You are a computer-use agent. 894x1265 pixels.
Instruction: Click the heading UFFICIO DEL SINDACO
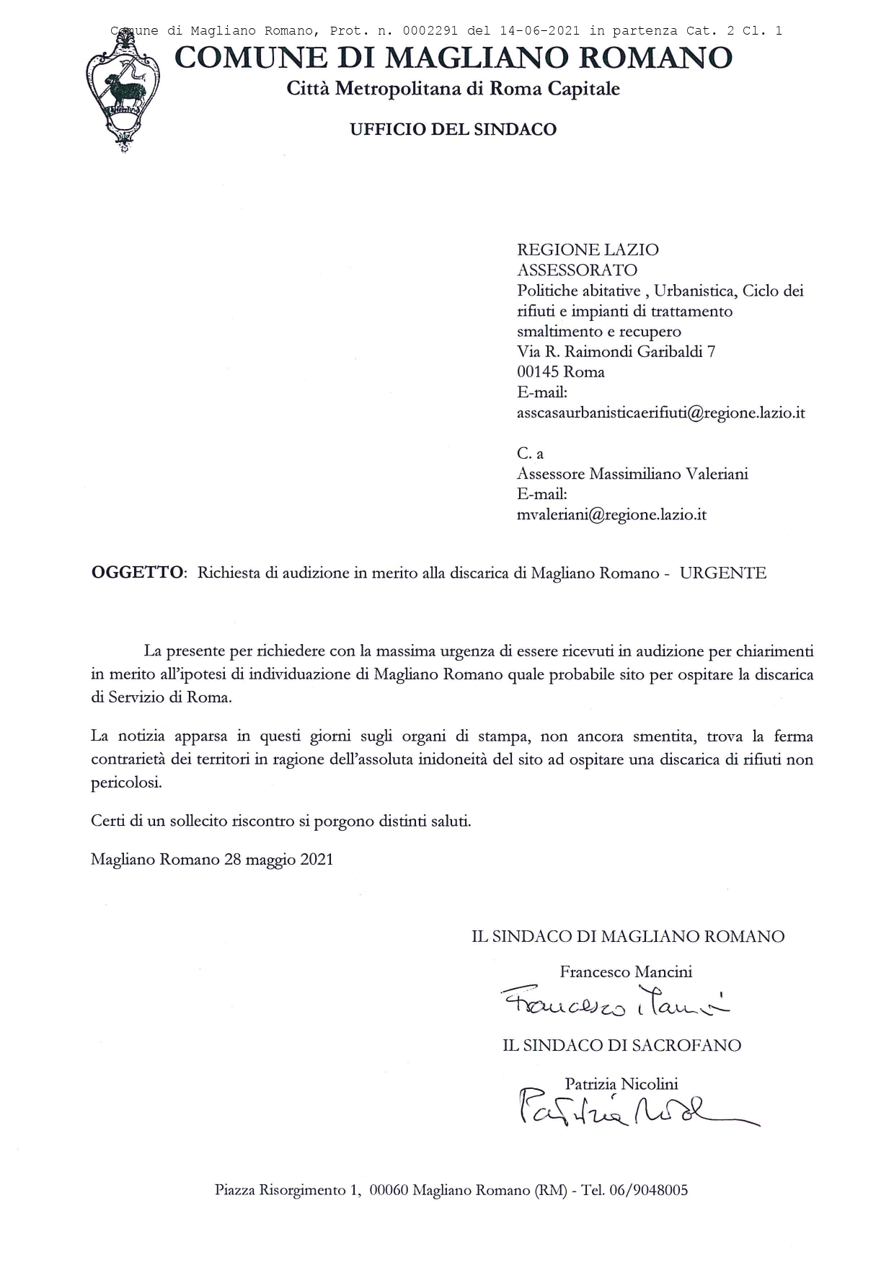pos(453,130)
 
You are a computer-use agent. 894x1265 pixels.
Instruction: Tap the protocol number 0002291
pos(430,31)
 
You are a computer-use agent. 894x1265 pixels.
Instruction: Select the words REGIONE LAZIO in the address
pos(588,250)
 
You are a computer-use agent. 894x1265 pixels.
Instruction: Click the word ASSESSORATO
pos(577,270)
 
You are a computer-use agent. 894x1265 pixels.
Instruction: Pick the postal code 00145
pos(539,372)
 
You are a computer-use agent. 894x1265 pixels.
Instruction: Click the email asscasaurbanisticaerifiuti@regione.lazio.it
pos(660,413)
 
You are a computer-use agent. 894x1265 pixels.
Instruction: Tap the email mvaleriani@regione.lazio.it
pos(611,515)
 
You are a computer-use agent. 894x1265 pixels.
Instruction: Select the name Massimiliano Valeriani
pos(669,474)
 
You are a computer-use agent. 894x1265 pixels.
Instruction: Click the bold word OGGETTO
pos(137,573)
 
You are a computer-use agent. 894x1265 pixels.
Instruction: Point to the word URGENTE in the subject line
pos(723,573)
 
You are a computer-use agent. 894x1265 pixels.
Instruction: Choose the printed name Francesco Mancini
pos(626,972)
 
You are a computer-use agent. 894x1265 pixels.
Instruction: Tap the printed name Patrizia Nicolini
pos(621,1084)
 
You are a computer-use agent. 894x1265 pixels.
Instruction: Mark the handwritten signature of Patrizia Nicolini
pos(634,1111)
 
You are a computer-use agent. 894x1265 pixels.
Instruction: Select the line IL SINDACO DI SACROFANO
pos(621,1046)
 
